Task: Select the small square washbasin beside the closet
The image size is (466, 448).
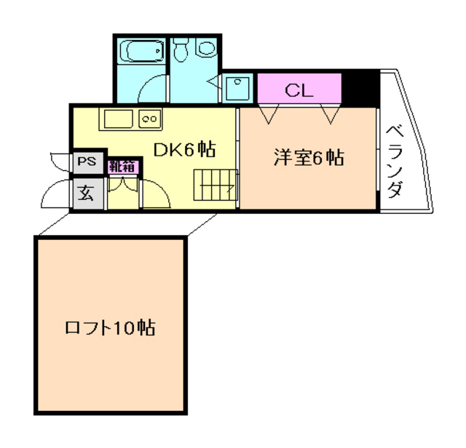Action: click(x=237, y=89)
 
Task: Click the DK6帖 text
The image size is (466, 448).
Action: click(x=183, y=150)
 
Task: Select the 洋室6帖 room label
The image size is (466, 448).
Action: click(x=308, y=157)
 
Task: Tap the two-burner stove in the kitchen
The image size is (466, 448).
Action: click(x=149, y=118)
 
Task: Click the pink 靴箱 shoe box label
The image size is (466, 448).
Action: click(x=122, y=165)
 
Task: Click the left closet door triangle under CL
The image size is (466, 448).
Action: click(x=272, y=113)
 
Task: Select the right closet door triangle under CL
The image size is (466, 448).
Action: click(x=330, y=113)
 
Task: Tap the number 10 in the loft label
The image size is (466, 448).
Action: click(x=123, y=327)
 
